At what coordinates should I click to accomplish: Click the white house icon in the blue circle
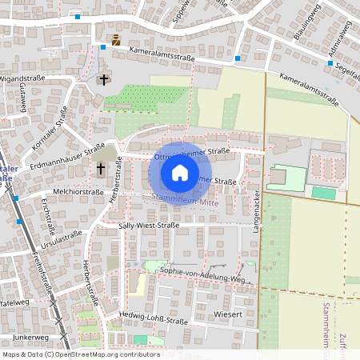pos(180,172)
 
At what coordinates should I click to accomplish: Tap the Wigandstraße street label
pos(22,79)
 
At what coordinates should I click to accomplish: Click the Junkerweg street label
pos(31,338)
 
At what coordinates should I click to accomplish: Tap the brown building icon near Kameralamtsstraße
pos(116,40)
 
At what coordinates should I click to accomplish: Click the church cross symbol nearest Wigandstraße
pos(102,79)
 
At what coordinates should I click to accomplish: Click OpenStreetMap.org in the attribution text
pos(94,354)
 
